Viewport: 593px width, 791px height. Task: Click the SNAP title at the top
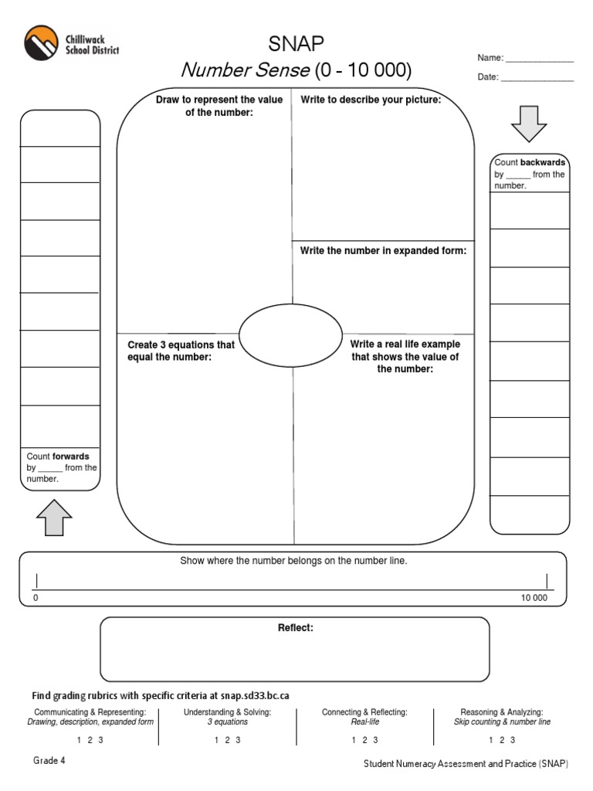click(x=296, y=44)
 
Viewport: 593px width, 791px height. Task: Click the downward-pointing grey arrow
click(x=529, y=124)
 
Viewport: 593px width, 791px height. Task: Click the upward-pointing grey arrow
click(x=54, y=517)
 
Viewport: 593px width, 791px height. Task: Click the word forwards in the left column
click(x=70, y=457)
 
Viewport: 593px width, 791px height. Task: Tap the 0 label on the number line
click(x=36, y=599)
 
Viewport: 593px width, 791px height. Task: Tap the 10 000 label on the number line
click(x=534, y=599)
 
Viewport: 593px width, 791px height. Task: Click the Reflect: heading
click(x=296, y=628)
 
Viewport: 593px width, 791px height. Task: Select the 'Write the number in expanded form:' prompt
click(x=383, y=251)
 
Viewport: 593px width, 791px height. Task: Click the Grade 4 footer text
click(x=49, y=760)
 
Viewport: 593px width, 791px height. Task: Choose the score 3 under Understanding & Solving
click(x=239, y=740)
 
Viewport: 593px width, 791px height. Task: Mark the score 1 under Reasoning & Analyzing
click(x=490, y=740)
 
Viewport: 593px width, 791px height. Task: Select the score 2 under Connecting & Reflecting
click(x=364, y=740)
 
